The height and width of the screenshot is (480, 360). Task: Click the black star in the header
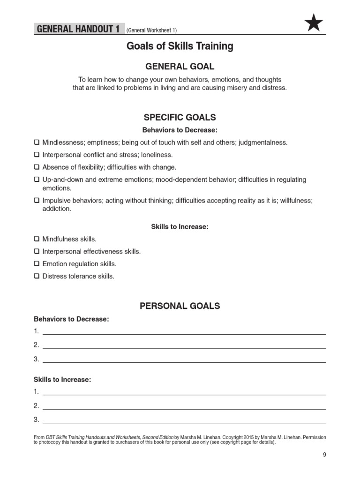click(x=313, y=22)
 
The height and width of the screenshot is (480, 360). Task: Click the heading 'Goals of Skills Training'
click(x=180, y=46)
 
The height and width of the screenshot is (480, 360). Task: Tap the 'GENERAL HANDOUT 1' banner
click(x=78, y=30)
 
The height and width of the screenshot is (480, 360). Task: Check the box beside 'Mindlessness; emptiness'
click(x=37, y=142)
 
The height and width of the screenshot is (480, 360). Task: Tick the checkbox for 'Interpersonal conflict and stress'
click(x=37, y=155)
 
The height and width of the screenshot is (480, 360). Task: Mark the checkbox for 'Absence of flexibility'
click(x=37, y=167)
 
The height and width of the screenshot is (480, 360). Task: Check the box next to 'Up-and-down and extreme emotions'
click(x=37, y=180)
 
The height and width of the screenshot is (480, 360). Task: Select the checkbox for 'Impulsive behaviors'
click(x=37, y=200)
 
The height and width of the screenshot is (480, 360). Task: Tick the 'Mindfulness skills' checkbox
click(x=37, y=239)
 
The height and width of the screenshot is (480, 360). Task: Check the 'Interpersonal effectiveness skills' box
click(x=37, y=252)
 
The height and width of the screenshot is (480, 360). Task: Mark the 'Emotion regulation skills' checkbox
click(x=37, y=264)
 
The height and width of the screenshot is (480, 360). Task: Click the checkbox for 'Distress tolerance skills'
click(x=37, y=277)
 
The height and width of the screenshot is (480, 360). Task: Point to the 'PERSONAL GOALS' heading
click(x=180, y=306)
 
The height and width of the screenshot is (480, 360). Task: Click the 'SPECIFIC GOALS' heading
click(x=180, y=117)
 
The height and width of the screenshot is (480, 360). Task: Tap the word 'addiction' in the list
click(x=53, y=209)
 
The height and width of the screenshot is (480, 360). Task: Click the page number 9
click(x=324, y=455)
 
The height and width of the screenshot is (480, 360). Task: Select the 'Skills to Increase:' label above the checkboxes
click(x=180, y=227)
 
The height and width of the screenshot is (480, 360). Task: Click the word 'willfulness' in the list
click(x=294, y=200)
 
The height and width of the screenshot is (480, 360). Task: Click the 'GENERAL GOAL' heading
click(x=180, y=66)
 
